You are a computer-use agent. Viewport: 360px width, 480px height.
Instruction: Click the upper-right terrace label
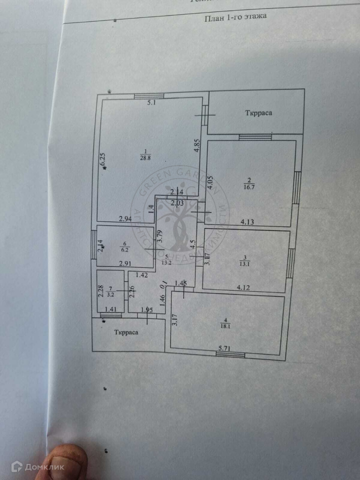click(x=258, y=113)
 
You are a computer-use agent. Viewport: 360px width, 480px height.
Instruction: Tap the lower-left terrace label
click(x=126, y=331)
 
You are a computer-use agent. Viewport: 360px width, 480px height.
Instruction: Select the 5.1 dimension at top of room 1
click(x=151, y=103)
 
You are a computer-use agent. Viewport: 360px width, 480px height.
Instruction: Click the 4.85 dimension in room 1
click(x=197, y=145)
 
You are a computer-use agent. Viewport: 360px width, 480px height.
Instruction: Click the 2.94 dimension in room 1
click(x=125, y=218)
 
